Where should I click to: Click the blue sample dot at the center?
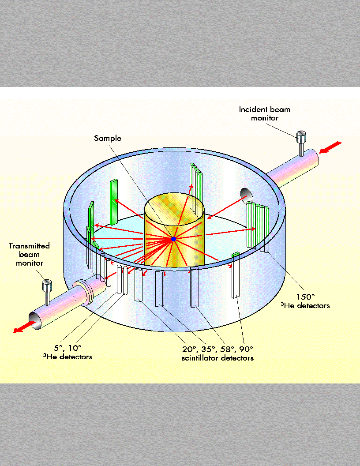click(173, 239)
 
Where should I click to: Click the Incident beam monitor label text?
click(264, 113)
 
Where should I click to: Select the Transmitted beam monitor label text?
click(29, 254)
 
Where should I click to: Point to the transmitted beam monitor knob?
click(46, 286)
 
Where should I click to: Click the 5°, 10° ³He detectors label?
click(71, 352)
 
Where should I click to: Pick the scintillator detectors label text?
click(217, 358)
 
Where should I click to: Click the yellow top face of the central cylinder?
click(175, 206)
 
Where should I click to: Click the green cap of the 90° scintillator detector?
click(235, 254)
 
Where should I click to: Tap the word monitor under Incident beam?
click(264, 118)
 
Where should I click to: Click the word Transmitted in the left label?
click(29, 246)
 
